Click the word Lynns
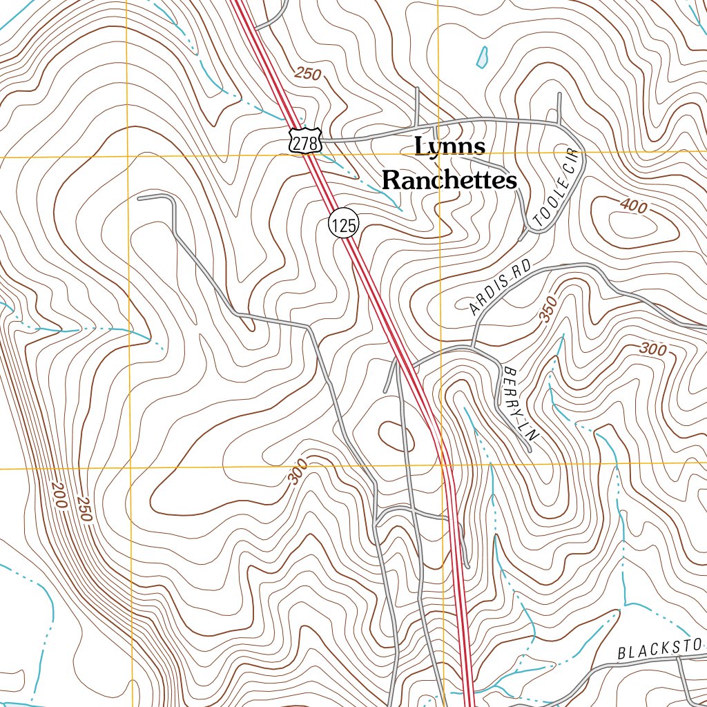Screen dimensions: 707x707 451,146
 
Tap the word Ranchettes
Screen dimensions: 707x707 449,180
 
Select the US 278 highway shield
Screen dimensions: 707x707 304,142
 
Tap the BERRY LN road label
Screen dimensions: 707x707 521,400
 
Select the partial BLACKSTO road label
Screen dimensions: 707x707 659,648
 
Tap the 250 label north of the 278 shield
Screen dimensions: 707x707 308,73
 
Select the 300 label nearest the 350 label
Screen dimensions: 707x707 652,349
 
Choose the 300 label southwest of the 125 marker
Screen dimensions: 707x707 298,475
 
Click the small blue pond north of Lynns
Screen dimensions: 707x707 483,57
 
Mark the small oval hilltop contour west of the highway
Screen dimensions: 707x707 396,436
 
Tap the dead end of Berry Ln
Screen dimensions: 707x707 529,451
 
